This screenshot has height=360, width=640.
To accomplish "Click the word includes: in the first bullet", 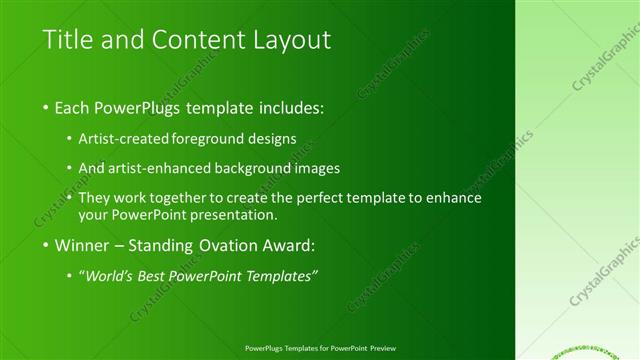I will click(287, 107).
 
